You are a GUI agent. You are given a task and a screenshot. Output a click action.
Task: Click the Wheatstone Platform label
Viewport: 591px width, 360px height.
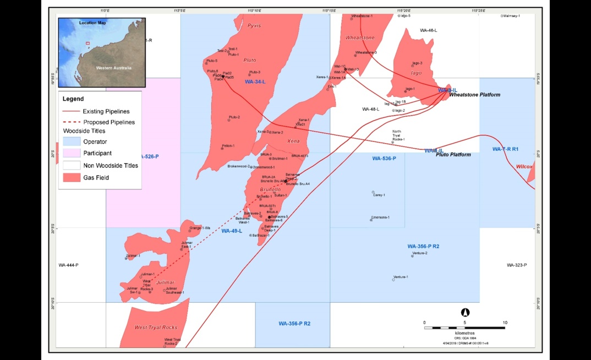coord(475,95)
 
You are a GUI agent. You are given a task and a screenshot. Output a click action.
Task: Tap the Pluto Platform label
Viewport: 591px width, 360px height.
coord(453,155)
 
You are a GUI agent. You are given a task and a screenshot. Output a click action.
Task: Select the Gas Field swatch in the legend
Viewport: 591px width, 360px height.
coord(71,178)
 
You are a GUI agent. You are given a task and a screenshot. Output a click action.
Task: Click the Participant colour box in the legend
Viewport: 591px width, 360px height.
coord(71,153)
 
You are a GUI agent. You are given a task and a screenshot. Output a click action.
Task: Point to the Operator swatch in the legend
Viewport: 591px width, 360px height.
coord(71,141)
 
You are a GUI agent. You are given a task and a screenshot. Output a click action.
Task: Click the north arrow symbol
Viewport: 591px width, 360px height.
coord(464,312)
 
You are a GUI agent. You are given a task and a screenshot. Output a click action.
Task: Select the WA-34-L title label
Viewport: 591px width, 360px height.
coord(255,82)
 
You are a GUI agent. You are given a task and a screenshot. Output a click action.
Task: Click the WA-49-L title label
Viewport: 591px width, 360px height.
coord(232,231)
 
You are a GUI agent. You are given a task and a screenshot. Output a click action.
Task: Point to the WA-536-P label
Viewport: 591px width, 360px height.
coord(384,159)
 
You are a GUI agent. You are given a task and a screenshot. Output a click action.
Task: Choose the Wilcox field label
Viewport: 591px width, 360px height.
coord(524,166)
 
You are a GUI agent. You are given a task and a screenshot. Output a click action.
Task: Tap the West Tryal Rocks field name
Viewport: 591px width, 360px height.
coord(156,328)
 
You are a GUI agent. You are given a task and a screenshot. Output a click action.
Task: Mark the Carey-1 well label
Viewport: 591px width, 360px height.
coord(379,195)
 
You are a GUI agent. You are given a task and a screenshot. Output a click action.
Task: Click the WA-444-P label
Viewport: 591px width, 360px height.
coord(69,265)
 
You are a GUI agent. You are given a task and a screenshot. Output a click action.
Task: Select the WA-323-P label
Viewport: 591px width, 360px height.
coord(517,265)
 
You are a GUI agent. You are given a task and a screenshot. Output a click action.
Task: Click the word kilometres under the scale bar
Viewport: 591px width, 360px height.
coord(464,333)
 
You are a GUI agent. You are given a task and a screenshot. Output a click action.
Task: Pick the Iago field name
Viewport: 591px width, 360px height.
coord(415,73)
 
